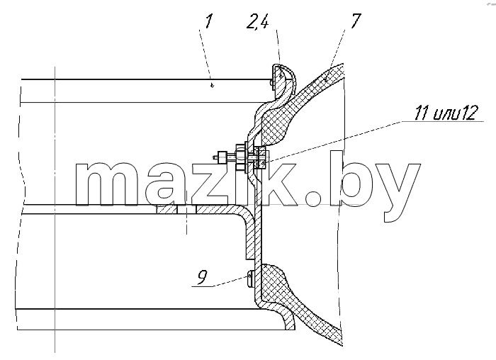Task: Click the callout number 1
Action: click(x=209, y=21)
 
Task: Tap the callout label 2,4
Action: click(x=258, y=23)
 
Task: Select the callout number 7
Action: click(x=355, y=21)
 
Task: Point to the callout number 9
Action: click(x=202, y=277)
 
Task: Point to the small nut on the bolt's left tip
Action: click(x=220, y=157)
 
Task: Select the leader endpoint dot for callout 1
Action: click(x=213, y=84)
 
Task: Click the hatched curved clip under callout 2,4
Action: click(x=283, y=81)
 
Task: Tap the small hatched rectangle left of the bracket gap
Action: click(x=166, y=209)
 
